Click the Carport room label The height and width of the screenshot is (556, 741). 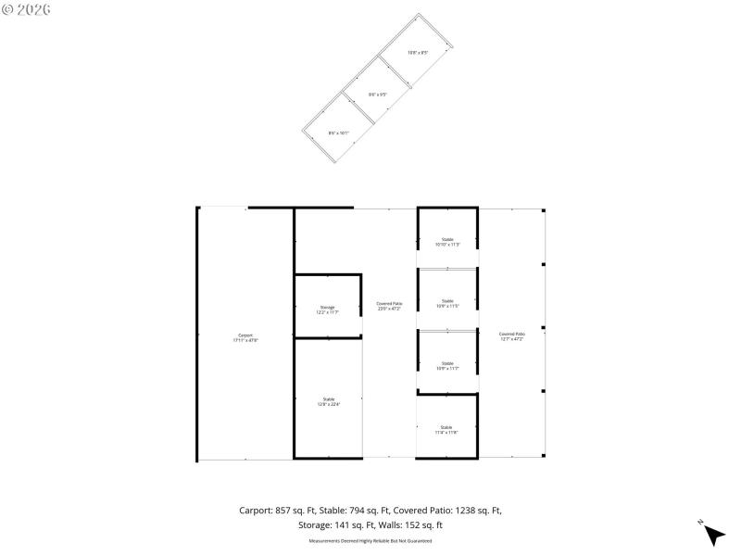245,338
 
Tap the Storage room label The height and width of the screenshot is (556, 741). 327,310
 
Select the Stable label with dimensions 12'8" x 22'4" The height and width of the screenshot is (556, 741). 327,401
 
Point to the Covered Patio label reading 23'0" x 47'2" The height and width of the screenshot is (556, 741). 389,306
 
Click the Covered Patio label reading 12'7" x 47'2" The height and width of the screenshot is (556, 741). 512,336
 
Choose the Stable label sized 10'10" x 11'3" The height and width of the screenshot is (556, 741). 447,242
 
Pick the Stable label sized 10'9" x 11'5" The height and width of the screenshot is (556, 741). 447,303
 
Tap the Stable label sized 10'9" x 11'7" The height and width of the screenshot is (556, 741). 447,366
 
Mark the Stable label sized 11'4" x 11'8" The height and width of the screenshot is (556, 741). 446,429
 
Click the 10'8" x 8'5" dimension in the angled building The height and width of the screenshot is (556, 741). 418,52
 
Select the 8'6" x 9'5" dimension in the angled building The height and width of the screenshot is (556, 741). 378,94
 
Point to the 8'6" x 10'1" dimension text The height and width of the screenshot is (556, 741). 338,133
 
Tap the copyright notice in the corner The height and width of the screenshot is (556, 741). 26,9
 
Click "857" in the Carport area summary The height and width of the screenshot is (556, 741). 283,511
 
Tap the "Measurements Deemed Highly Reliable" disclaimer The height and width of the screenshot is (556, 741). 370,540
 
